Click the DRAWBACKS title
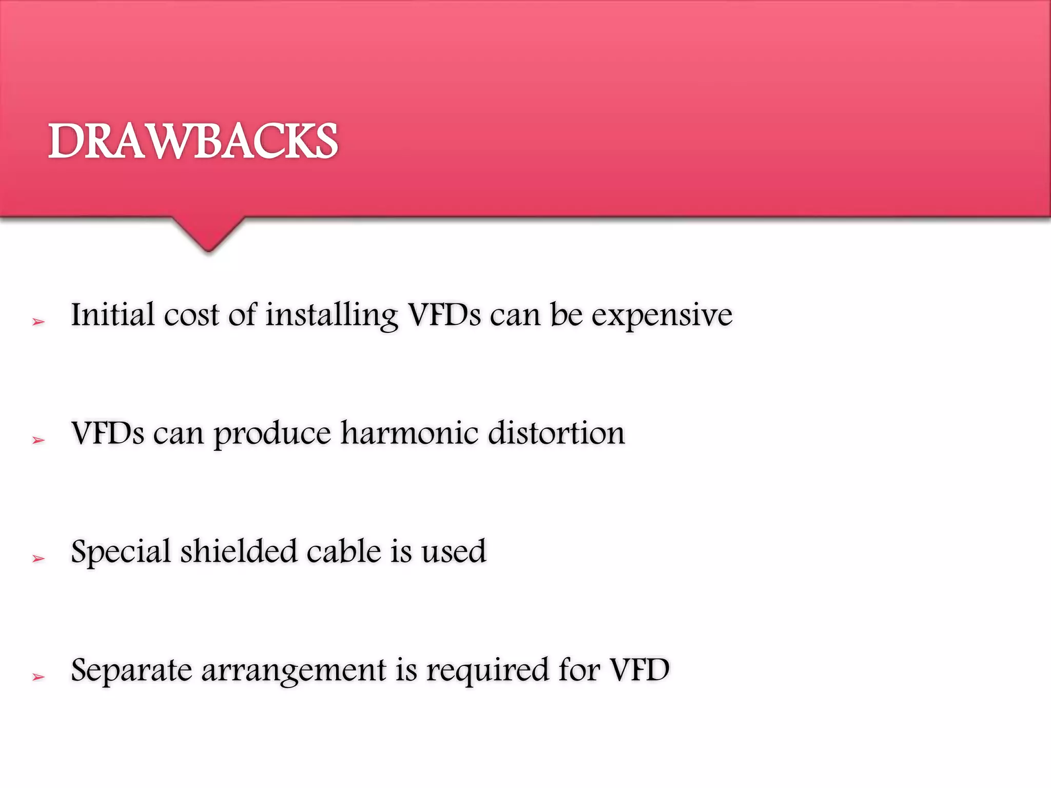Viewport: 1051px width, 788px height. point(193,141)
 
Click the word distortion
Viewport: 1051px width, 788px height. point(556,432)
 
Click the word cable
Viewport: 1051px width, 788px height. point(343,551)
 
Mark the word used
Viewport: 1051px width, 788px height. point(454,551)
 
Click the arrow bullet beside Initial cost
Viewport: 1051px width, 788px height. point(38,322)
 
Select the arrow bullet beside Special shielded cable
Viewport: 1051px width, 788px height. point(38,559)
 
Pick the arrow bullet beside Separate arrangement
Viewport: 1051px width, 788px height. point(38,677)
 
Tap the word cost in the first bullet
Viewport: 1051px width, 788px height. point(191,314)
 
